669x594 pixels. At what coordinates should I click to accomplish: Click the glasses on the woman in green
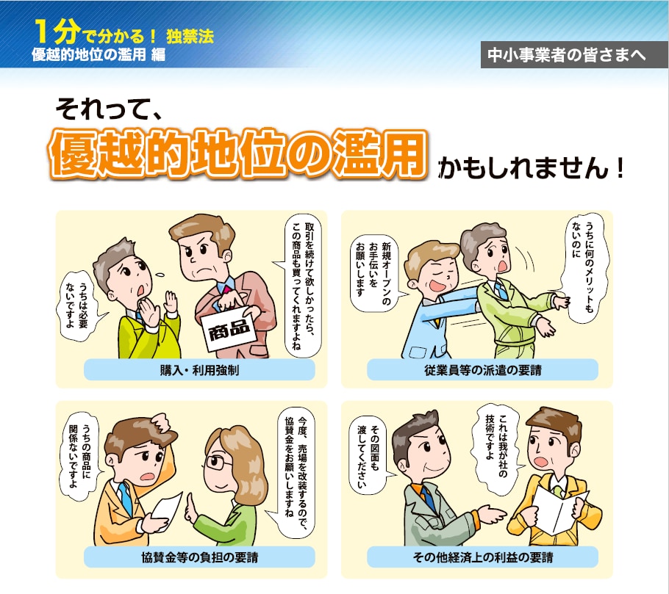click(218, 463)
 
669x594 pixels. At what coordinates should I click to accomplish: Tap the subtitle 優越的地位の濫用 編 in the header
click(99, 56)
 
